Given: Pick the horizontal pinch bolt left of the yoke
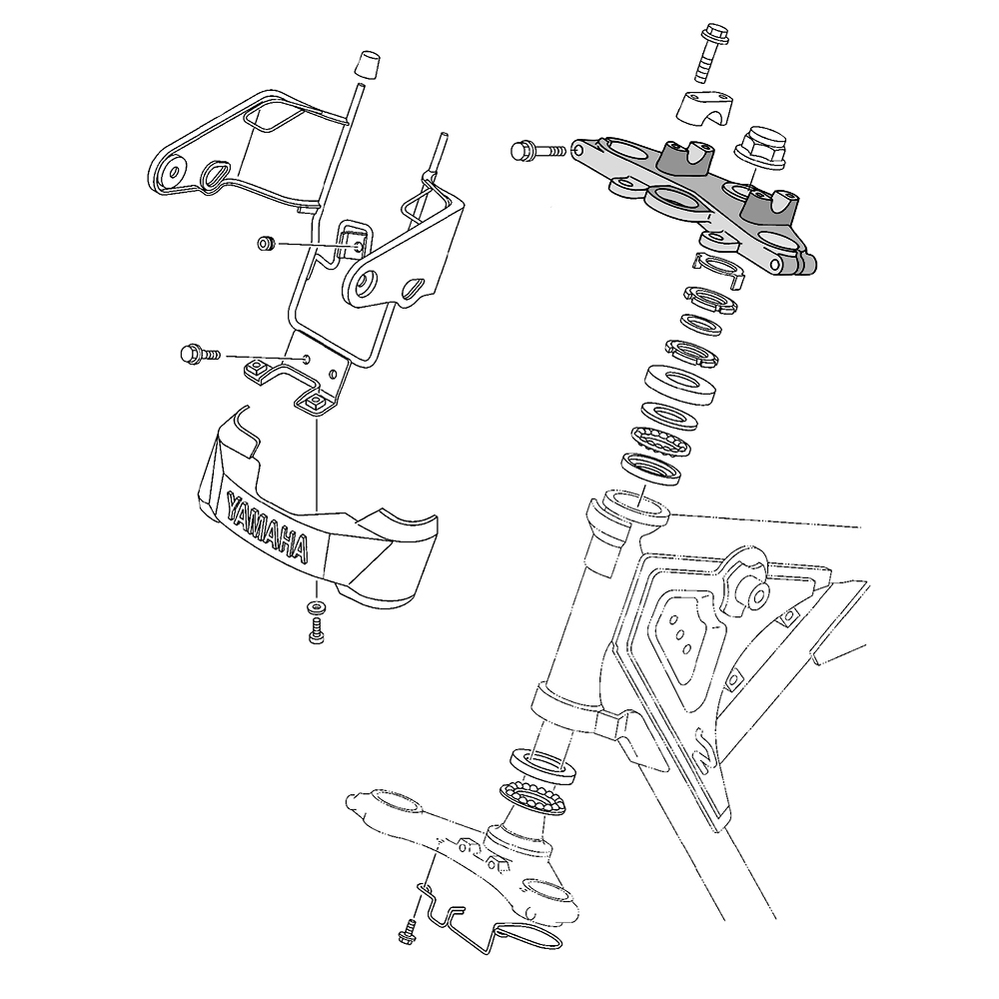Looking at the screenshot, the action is (x=538, y=151).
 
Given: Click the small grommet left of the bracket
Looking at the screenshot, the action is (x=266, y=243).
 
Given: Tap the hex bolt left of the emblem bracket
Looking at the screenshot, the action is (x=200, y=354).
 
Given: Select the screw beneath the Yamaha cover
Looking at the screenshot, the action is (x=316, y=631).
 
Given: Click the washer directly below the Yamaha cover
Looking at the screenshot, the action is (x=316, y=606).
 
